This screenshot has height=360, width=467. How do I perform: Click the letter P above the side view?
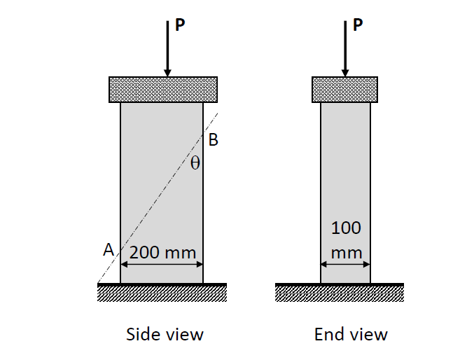point(181,25)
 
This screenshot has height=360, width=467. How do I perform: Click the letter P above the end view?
point(358,25)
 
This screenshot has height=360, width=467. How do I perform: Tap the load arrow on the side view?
point(167,49)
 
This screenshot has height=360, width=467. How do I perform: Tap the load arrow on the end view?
point(344,49)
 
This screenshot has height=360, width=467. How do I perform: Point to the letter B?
point(214,140)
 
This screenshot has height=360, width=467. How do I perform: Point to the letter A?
point(108,249)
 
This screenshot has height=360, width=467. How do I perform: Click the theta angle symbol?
point(195,164)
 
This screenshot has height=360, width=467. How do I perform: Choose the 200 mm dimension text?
point(162,252)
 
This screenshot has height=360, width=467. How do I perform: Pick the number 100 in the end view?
point(346,228)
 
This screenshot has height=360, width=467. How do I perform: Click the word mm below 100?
point(346,251)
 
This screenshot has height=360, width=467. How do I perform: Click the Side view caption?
point(165,334)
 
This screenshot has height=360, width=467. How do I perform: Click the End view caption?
point(351,334)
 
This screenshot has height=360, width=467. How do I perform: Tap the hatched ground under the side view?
point(162,293)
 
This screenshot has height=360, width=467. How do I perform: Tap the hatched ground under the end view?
point(340,293)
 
